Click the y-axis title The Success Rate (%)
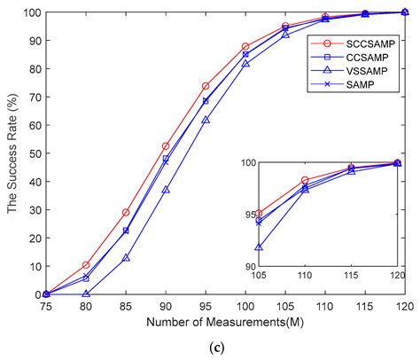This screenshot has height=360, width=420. click(11, 153)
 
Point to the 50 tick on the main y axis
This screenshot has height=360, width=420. click(33, 153)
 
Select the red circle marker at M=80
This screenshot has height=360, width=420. click(86, 265)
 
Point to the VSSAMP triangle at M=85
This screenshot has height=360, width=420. click(126, 258)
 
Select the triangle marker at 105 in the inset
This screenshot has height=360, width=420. click(258, 247)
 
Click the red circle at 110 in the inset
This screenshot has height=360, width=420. click(305, 181)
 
